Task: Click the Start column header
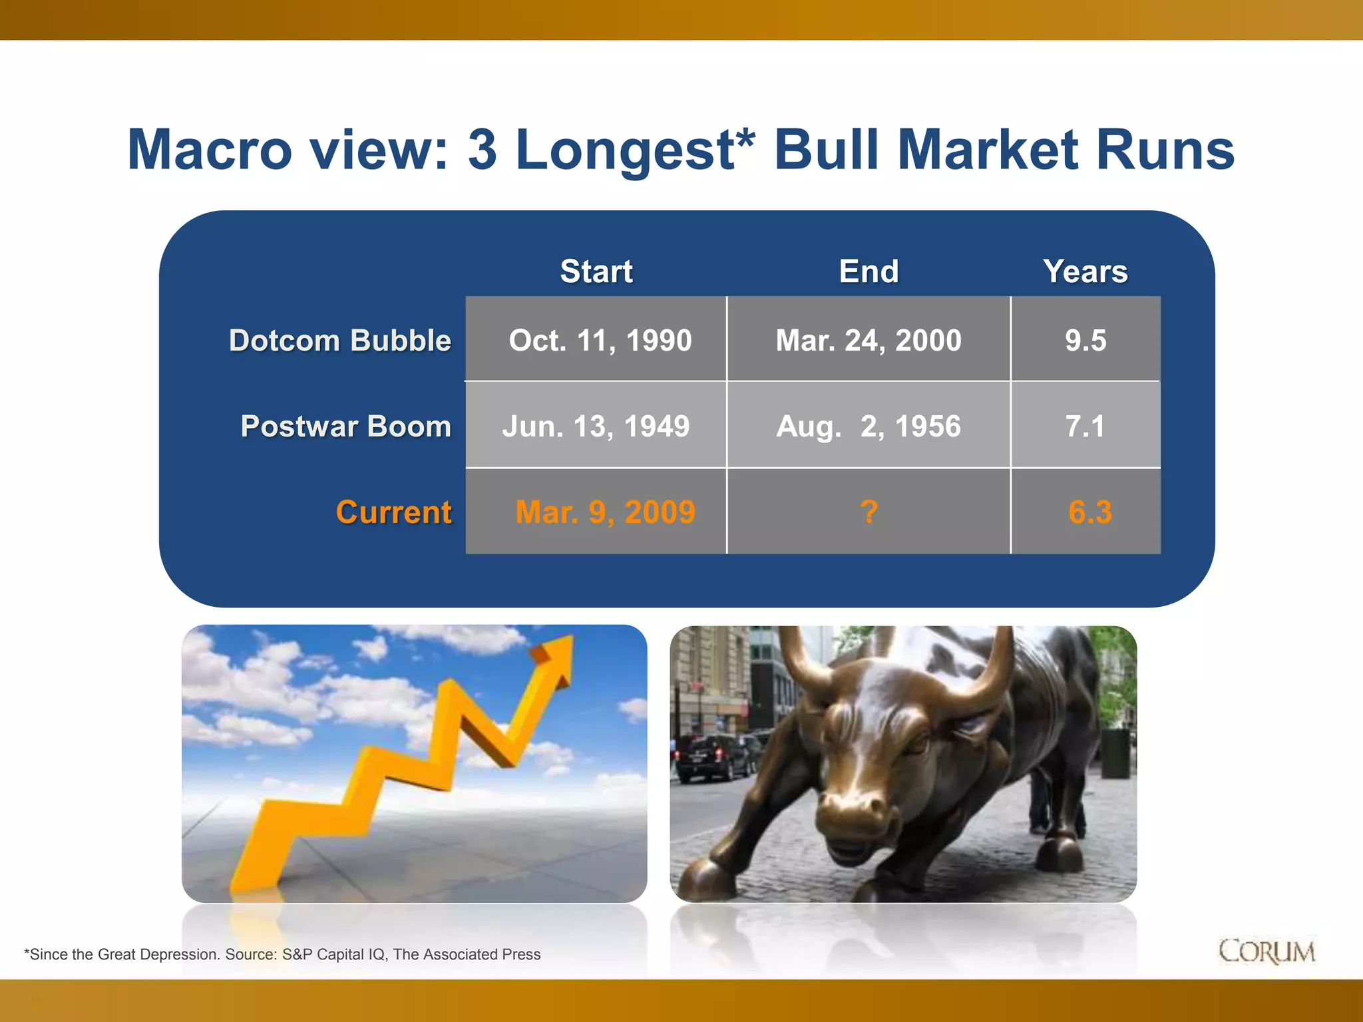596,271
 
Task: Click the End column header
869,271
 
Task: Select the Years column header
1085,271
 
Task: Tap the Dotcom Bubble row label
340,341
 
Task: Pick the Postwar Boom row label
346,426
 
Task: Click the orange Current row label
393,512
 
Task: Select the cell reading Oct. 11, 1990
600,341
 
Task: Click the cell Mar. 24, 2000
869,341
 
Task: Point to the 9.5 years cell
1085,341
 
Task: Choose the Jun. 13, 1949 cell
596,426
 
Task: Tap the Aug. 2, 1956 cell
869,426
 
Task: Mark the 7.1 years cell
1085,426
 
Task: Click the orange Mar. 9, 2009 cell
605,512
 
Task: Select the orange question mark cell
869,512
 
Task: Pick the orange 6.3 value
1089,512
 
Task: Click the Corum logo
1266,951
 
